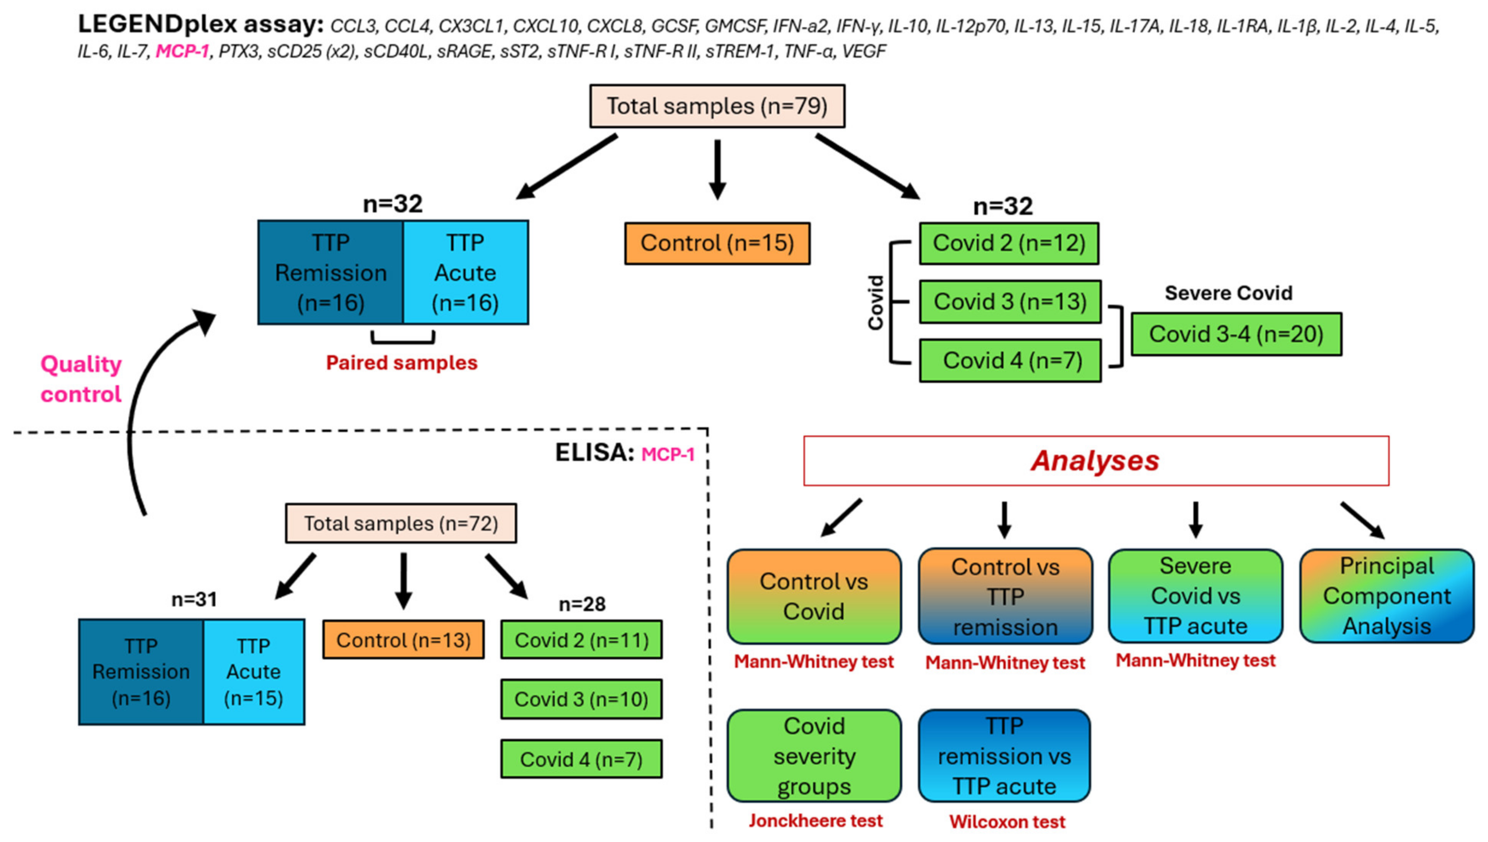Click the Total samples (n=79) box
coord(717,106)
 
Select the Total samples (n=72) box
coord(401,523)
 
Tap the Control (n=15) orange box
coord(717,243)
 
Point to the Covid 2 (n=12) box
coord(1008,243)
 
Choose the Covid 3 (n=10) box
coord(581,699)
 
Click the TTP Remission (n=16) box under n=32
coord(330,273)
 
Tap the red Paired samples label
coord(401,362)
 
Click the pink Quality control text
coord(81,379)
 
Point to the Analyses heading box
coord(1096,461)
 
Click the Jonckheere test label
coord(815,821)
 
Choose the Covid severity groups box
coord(814,756)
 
